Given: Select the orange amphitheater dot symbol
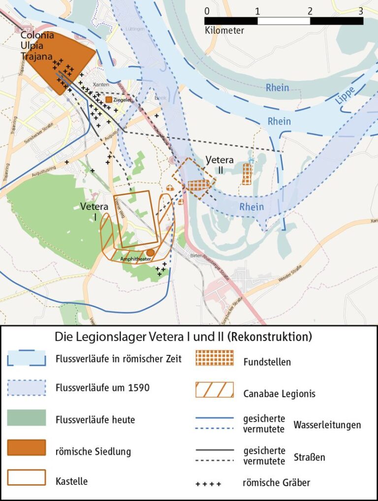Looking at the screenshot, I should click(x=151, y=252).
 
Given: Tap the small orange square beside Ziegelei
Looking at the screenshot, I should click(x=108, y=99).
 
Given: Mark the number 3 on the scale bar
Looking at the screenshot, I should click(x=361, y=10).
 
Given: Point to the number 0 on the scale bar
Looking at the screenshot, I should click(x=206, y=10).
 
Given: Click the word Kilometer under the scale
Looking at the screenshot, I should click(x=224, y=31).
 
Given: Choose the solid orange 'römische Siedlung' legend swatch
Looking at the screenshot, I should click(x=27, y=447).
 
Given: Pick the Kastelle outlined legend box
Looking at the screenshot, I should click(x=27, y=477).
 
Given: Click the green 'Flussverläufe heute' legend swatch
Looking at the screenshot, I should click(x=27, y=417).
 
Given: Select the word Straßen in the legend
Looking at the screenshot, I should click(x=310, y=457).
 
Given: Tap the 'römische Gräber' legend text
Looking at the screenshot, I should click(x=276, y=482).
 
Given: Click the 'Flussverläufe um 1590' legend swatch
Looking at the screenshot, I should click(x=27, y=388).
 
